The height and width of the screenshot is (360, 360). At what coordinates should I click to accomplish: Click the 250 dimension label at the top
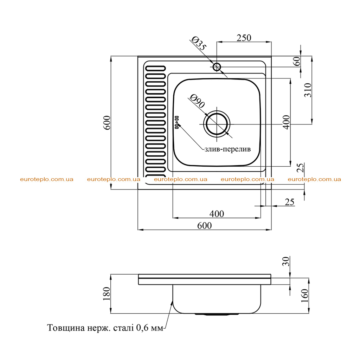(244, 38)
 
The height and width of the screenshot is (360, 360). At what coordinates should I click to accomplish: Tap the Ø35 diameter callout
(199, 44)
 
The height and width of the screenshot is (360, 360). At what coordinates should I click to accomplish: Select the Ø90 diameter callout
(197, 101)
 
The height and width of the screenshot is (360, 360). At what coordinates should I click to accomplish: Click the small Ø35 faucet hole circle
(217, 67)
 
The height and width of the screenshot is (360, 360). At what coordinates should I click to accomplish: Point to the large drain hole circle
(217, 124)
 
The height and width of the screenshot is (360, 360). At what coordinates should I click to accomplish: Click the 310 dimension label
(308, 90)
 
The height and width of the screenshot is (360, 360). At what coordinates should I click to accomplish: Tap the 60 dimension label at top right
(297, 61)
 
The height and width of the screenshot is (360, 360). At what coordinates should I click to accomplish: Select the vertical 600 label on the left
(107, 123)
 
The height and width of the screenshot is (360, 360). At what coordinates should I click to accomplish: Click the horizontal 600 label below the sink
(205, 226)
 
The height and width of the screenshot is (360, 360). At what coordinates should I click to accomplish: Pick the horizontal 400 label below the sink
(217, 214)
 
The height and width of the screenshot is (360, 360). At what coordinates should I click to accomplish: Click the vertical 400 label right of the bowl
(286, 122)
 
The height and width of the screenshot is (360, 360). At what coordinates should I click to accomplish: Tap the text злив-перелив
(227, 149)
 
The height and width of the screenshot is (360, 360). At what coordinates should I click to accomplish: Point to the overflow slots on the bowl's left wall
(177, 122)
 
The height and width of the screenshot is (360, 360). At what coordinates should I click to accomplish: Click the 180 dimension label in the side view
(107, 294)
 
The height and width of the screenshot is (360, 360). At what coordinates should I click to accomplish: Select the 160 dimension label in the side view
(305, 296)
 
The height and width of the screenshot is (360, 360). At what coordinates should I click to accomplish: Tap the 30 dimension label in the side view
(286, 261)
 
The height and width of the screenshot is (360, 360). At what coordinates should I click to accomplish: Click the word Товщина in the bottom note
(66, 328)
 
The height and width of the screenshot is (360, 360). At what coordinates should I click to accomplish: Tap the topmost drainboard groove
(155, 69)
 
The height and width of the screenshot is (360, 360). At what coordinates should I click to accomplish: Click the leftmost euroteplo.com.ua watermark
(47, 179)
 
